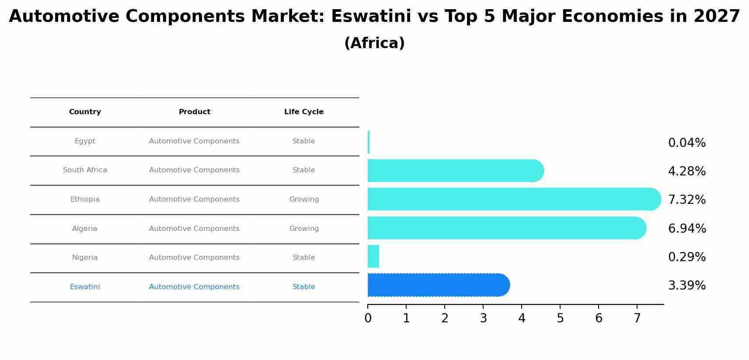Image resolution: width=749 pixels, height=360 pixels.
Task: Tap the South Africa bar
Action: click(x=455, y=171)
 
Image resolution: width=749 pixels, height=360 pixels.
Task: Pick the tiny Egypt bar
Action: click(x=369, y=142)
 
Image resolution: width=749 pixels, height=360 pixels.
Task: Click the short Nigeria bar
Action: click(x=373, y=256)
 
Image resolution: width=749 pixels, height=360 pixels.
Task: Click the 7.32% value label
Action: click(x=686, y=200)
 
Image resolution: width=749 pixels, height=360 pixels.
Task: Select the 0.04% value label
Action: click(x=686, y=143)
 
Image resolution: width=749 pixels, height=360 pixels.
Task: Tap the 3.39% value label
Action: click(x=686, y=286)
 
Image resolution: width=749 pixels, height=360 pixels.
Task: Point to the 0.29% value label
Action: click(x=686, y=257)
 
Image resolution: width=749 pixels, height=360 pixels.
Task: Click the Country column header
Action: click(x=85, y=112)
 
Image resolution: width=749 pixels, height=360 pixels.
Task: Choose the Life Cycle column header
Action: click(x=304, y=112)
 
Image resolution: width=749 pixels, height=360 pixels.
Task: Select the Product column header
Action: click(x=195, y=112)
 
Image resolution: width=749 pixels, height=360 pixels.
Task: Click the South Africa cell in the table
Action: click(x=85, y=170)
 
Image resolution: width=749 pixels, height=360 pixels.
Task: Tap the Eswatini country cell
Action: click(x=85, y=287)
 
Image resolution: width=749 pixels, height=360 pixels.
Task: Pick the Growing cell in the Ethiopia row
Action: click(x=304, y=199)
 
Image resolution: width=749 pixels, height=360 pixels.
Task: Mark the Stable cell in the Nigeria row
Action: click(x=304, y=258)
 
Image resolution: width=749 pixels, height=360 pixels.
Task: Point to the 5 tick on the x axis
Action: click(x=560, y=318)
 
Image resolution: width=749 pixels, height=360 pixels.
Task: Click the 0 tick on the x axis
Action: click(x=368, y=318)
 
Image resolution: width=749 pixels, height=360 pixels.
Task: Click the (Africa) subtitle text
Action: click(x=374, y=43)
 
